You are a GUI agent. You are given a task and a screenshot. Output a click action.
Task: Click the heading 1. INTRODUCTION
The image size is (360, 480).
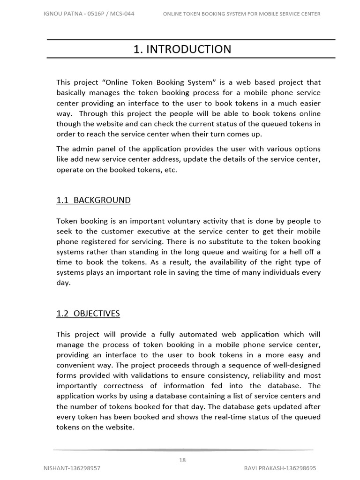click(182, 49)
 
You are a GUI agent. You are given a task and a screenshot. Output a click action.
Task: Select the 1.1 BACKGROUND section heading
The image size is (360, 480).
click(93, 200)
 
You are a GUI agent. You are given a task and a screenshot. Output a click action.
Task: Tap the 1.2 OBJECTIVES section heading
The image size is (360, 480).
click(88, 314)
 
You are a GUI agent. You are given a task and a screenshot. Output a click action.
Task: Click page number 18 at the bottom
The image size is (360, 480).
click(182, 460)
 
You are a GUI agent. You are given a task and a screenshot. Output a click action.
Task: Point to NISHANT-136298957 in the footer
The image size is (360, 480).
click(72, 468)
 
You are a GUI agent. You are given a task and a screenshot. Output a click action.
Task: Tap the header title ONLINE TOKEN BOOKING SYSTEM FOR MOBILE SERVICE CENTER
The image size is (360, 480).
click(241, 14)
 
